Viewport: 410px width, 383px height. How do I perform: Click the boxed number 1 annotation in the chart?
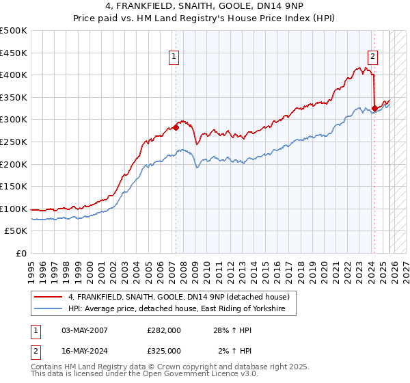click(x=175, y=57)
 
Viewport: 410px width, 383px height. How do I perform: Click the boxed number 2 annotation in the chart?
click(x=373, y=57)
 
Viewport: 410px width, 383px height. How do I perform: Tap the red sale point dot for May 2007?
click(x=176, y=127)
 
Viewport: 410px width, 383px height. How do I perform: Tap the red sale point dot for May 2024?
click(x=374, y=107)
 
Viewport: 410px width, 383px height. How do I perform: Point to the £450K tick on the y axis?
click(x=14, y=53)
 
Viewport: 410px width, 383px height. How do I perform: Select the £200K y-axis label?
click(x=14, y=164)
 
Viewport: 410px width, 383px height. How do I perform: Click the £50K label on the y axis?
click(x=16, y=231)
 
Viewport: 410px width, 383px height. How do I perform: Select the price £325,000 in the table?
click(x=163, y=350)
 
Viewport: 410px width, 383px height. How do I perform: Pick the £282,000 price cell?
click(x=163, y=330)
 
